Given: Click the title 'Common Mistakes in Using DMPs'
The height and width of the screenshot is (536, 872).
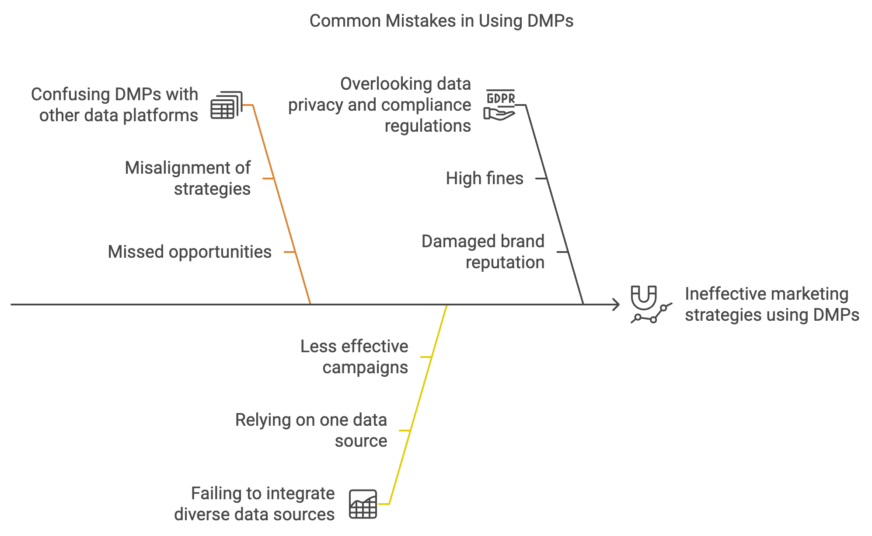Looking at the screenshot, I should (x=441, y=21).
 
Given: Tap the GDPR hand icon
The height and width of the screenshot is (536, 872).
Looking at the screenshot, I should (x=500, y=105).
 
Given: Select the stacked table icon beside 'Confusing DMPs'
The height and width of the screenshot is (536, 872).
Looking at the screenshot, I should (x=226, y=105).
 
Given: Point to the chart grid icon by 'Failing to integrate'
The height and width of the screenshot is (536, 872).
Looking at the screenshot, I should (x=363, y=504).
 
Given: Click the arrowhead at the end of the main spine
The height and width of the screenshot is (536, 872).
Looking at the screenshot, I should (x=616, y=305).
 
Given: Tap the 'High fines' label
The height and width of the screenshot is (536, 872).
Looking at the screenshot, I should (x=484, y=179).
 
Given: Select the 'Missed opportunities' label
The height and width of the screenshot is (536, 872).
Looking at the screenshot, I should (x=189, y=252).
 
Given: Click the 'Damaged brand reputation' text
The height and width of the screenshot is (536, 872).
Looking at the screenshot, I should (x=483, y=252).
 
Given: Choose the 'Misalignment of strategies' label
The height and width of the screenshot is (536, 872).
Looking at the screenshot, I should (x=188, y=179).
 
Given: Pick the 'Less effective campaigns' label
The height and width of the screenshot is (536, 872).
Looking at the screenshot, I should (x=354, y=357).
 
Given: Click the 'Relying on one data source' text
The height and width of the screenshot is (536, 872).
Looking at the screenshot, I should (x=311, y=431).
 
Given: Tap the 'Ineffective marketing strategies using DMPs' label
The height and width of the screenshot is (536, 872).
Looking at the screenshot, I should (x=771, y=305).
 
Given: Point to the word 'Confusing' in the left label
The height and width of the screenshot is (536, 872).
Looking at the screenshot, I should (x=70, y=95).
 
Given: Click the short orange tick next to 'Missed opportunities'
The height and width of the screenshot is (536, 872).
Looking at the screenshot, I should (x=290, y=252).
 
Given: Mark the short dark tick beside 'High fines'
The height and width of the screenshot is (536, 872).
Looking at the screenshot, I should (x=541, y=179).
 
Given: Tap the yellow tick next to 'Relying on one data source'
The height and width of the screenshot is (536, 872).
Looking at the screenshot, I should (x=405, y=431).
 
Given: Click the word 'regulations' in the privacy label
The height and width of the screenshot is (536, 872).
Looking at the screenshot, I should (x=428, y=126).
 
